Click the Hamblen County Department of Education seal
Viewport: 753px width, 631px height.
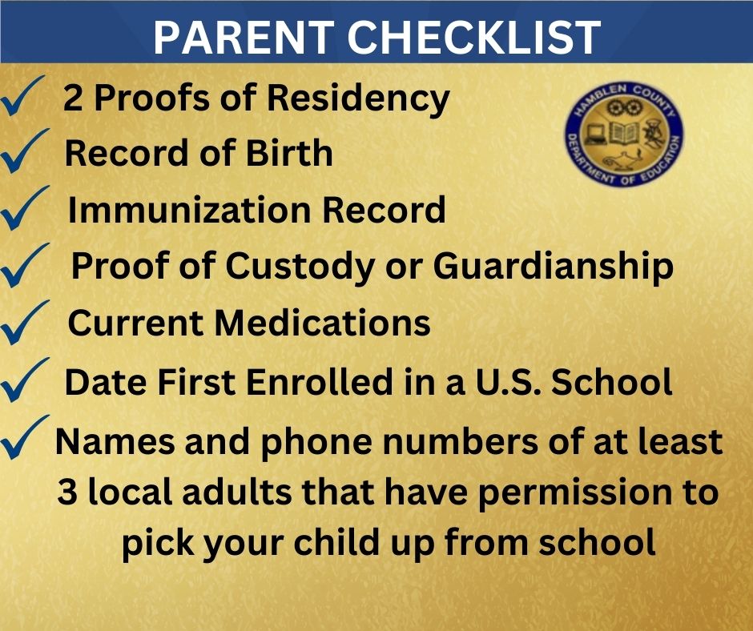[622, 133]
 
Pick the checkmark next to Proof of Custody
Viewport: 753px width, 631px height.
[26, 267]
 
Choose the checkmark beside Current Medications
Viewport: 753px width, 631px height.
[26, 325]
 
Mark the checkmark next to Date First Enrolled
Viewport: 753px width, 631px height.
[26, 383]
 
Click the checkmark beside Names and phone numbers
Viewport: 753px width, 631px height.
[26, 439]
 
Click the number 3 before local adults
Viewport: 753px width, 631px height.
[67, 492]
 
